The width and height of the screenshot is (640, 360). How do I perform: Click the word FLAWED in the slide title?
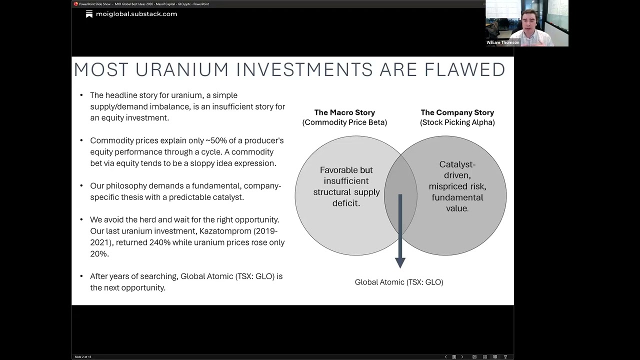tap(464, 70)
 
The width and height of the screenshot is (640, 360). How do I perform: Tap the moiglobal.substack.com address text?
tap(136, 14)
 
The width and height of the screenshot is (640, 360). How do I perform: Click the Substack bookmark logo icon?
tap(89, 14)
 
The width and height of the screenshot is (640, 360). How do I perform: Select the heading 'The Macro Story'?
tap(344, 112)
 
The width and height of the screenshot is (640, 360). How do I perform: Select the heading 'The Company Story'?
tap(457, 112)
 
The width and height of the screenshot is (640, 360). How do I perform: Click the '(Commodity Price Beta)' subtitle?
tap(344, 122)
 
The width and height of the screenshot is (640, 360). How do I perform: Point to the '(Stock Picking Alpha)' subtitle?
tap(457, 122)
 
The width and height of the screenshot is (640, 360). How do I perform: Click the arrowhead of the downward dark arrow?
tap(400, 262)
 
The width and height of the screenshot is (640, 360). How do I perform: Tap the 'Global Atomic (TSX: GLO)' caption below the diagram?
tap(399, 282)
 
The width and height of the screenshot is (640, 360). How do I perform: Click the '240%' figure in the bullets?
tap(158, 242)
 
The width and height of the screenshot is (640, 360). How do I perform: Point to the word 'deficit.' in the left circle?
tap(346, 203)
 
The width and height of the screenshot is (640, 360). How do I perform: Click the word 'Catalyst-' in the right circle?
tap(457, 164)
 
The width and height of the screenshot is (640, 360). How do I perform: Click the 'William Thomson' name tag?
tap(502, 42)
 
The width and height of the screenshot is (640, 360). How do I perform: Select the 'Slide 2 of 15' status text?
tap(83, 357)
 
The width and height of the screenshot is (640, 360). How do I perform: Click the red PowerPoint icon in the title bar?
tap(76, 4)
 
